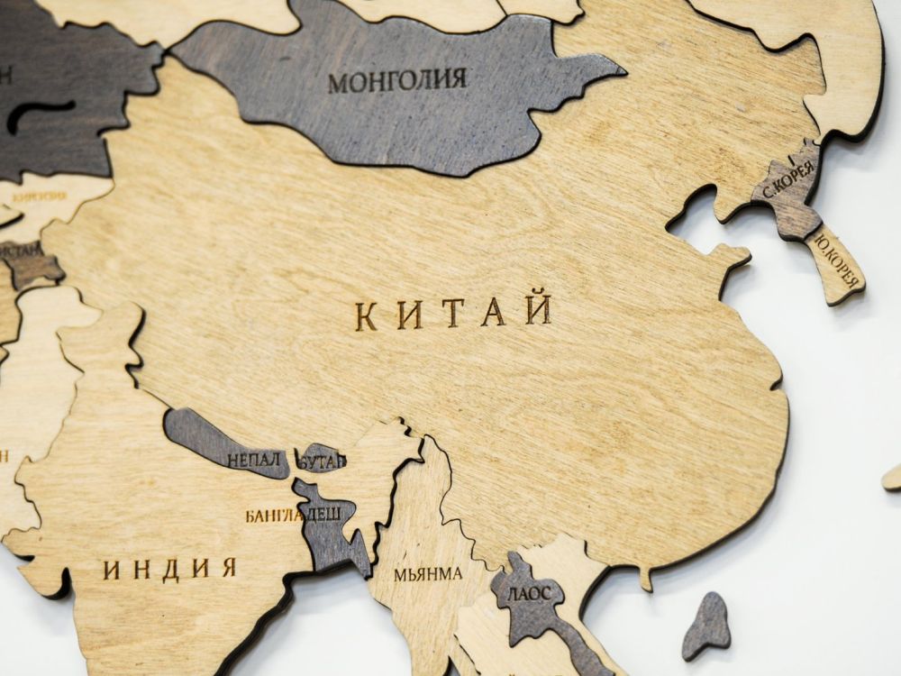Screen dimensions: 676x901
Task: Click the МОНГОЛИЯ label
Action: [x=397, y=81]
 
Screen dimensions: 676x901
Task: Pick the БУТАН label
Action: [x=322, y=461]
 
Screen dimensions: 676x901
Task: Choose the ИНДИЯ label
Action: [x=169, y=569]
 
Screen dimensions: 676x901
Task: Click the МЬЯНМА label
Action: [x=428, y=573]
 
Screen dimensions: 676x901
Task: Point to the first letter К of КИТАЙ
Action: [x=366, y=316]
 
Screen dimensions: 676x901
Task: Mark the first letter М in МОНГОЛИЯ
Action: [x=337, y=84]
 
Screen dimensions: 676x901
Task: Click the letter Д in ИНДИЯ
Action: [x=170, y=570]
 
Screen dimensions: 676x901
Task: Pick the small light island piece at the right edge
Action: [x=893, y=477]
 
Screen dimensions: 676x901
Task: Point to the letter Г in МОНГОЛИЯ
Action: [x=389, y=81]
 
